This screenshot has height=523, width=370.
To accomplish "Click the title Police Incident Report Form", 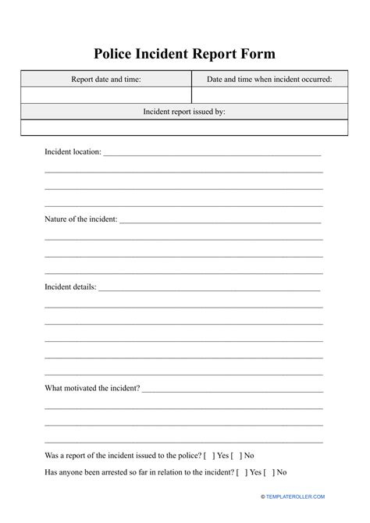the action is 185,53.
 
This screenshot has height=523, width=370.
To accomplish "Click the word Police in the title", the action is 116,53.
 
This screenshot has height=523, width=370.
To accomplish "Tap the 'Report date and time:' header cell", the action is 106,79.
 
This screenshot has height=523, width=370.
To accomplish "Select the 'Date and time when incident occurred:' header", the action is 269,79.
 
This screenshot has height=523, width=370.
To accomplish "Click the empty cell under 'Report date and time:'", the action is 106,95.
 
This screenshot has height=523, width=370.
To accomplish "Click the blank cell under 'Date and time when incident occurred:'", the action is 269,95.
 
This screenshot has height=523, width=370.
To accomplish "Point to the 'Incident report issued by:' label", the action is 185,112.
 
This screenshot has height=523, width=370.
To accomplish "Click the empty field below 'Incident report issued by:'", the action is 185,128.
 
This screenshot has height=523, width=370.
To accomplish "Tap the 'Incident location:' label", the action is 73,151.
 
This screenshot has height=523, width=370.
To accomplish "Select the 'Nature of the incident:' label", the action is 81,219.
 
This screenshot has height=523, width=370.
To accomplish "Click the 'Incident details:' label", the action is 70,286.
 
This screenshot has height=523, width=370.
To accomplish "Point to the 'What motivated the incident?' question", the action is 92,387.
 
